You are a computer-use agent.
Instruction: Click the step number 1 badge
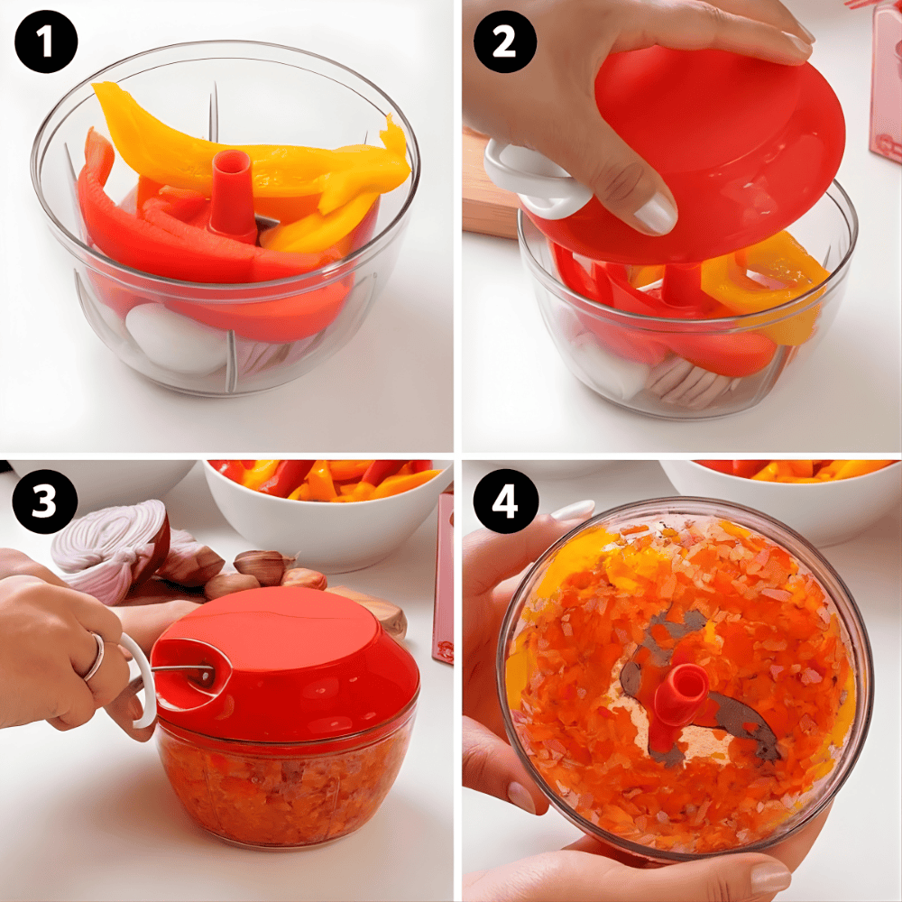tap(46, 42)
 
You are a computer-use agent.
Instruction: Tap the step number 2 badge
tap(504, 42)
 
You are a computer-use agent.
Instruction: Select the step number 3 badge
tap(44, 502)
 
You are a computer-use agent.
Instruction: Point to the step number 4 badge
tap(504, 502)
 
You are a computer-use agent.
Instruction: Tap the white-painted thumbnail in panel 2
tap(655, 214)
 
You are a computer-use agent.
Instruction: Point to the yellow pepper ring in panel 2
tap(765, 276)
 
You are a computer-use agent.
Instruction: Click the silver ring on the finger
tap(96, 656)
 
